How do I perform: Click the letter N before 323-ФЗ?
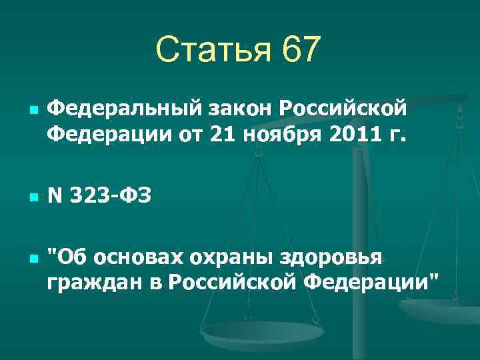pos(55,197)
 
